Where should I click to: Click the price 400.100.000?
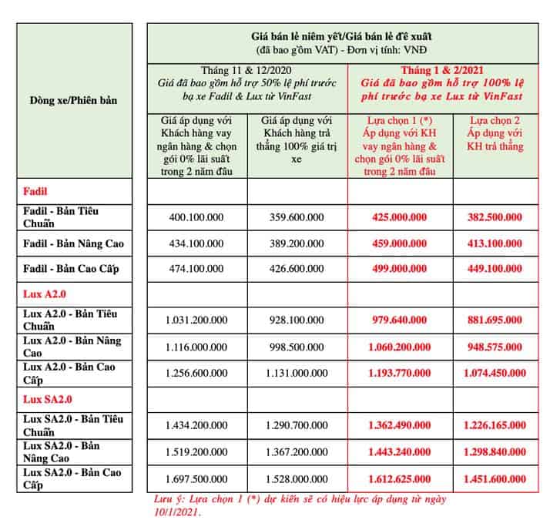click(x=196, y=217)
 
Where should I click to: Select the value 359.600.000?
click(x=297, y=217)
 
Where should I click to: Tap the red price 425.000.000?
click(x=400, y=217)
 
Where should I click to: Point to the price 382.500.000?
click(x=496, y=217)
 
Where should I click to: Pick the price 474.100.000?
click(x=196, y=269)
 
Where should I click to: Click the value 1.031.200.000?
click(x=196, y=319)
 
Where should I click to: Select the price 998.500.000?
click(x=297, y=346)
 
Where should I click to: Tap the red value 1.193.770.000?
click(x=400, y=372)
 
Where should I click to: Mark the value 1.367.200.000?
click(x=297, y=451)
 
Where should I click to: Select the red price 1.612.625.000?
click(x=400, y=478)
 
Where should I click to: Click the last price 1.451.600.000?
click(x=496, y=478)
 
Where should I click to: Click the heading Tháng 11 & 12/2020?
click(x=246, y=68)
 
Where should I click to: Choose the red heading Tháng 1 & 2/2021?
click(x=451, y=68)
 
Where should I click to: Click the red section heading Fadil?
click(x=35, y=190)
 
